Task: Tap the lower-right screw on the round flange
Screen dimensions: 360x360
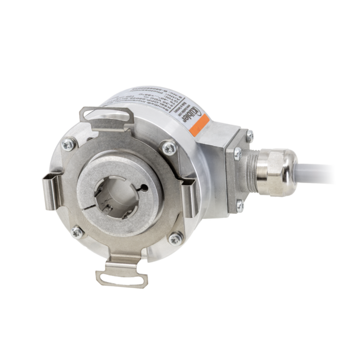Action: [176, 235]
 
